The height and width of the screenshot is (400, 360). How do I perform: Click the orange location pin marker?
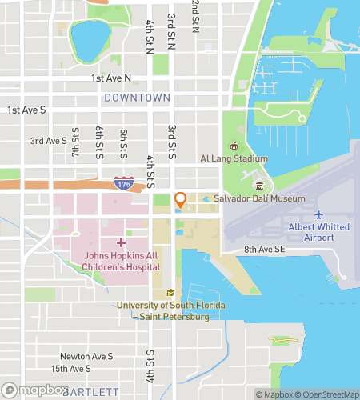(181, 200)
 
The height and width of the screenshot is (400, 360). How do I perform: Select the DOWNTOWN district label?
(137, 98)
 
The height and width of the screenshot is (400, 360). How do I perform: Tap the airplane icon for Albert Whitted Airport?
(318, 214)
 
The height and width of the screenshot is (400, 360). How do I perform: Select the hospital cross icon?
(121, 242)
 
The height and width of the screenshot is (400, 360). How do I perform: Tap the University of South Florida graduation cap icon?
(170, 293)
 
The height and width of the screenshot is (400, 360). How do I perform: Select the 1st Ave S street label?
(26, 110)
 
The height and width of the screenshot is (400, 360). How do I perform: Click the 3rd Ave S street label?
(49, 141)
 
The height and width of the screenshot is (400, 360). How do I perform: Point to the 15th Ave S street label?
(70, 369)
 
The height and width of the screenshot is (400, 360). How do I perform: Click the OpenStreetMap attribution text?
(323, 394)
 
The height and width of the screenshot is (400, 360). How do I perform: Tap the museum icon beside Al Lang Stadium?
(234, 146)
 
